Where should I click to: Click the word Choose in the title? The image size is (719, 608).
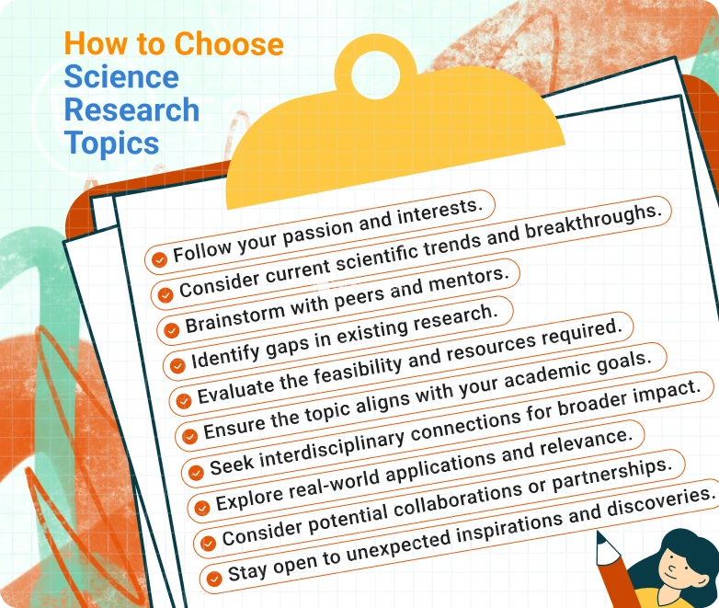229,43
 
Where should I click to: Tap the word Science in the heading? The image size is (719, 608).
120,76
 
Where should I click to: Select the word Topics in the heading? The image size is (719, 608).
111,143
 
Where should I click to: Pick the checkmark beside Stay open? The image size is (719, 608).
213,579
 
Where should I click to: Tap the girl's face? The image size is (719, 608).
679,575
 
